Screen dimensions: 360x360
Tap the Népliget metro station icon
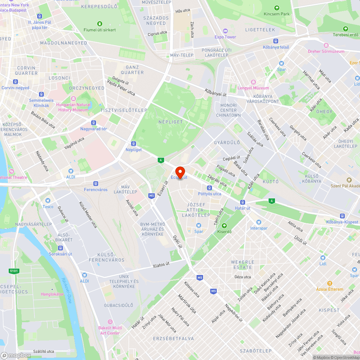click(x=133, y=143)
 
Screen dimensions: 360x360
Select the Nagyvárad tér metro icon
click(x=94, y=123)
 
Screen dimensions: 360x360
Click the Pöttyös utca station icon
click(x=210, y=188)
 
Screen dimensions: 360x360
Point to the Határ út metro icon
click(x=243, y=202)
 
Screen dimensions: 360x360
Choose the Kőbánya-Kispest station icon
click(x=342, y=216)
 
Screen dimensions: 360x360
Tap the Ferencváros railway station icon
click(x=96, y=183)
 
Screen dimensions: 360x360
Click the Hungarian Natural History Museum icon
click(x=73, y=99)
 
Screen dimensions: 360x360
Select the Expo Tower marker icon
click(x=225, y=31)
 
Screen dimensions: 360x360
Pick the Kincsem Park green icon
click(x=276, y=8)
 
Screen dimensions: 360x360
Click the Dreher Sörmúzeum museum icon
click(x=326, y=45)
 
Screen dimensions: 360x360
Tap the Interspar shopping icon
click(x=258, y=222)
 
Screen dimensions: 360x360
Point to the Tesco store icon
click(x=48, y=201)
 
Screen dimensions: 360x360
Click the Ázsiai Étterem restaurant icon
click(x=329, y=283)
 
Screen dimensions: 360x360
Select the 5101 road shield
click(x=13, y=271)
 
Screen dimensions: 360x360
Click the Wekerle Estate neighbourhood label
click(x=243, y=265)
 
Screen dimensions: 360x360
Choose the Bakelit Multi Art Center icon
click(x=110, y=322)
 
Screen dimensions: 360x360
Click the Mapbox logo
click(x=15, y=355)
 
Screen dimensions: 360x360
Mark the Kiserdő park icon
click(x=224, y=226)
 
